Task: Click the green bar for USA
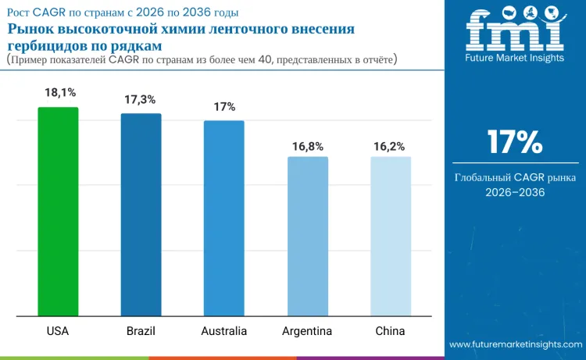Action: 58,212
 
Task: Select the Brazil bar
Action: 141,214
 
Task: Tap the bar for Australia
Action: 224,218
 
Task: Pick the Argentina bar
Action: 308,236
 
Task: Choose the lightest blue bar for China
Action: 391,236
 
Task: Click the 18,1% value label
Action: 60,92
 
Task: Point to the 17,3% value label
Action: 140,99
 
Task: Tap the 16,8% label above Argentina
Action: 308,146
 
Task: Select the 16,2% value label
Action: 389,146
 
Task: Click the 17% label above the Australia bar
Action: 224,107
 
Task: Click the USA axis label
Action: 58,331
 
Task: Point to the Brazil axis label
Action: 141,331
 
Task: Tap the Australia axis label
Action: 224,331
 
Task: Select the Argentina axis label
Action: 307,331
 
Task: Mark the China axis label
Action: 390,331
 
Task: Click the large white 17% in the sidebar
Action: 515,142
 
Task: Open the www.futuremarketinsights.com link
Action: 516,344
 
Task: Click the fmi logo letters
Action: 515,29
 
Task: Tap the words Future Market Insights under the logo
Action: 514,58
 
